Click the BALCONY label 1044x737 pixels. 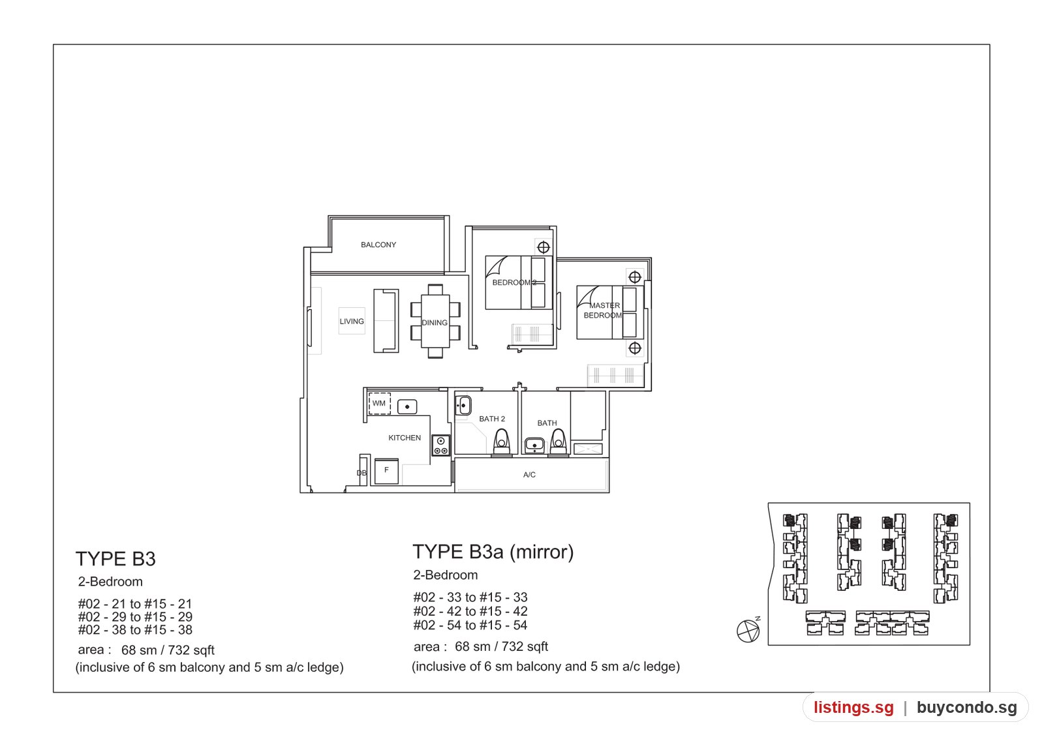378,245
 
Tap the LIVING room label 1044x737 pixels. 352,322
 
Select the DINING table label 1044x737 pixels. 435,322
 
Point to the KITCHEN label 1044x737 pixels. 405,438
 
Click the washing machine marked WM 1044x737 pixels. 379,404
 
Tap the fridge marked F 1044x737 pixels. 386,471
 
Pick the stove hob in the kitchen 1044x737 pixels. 441,445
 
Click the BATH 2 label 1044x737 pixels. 492,419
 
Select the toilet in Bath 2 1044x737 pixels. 502,442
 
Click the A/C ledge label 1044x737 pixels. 529,475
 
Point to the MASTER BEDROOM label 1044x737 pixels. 603,310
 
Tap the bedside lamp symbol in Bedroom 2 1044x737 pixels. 544,247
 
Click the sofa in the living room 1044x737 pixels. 386,320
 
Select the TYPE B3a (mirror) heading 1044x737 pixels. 493,552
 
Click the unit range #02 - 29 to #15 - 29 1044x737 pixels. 135,617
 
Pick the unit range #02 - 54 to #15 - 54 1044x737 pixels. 470,625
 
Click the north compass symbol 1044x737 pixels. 748,631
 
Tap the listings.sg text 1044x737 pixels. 854,707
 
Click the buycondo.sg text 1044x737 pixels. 967,707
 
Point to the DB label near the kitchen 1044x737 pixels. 361,474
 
